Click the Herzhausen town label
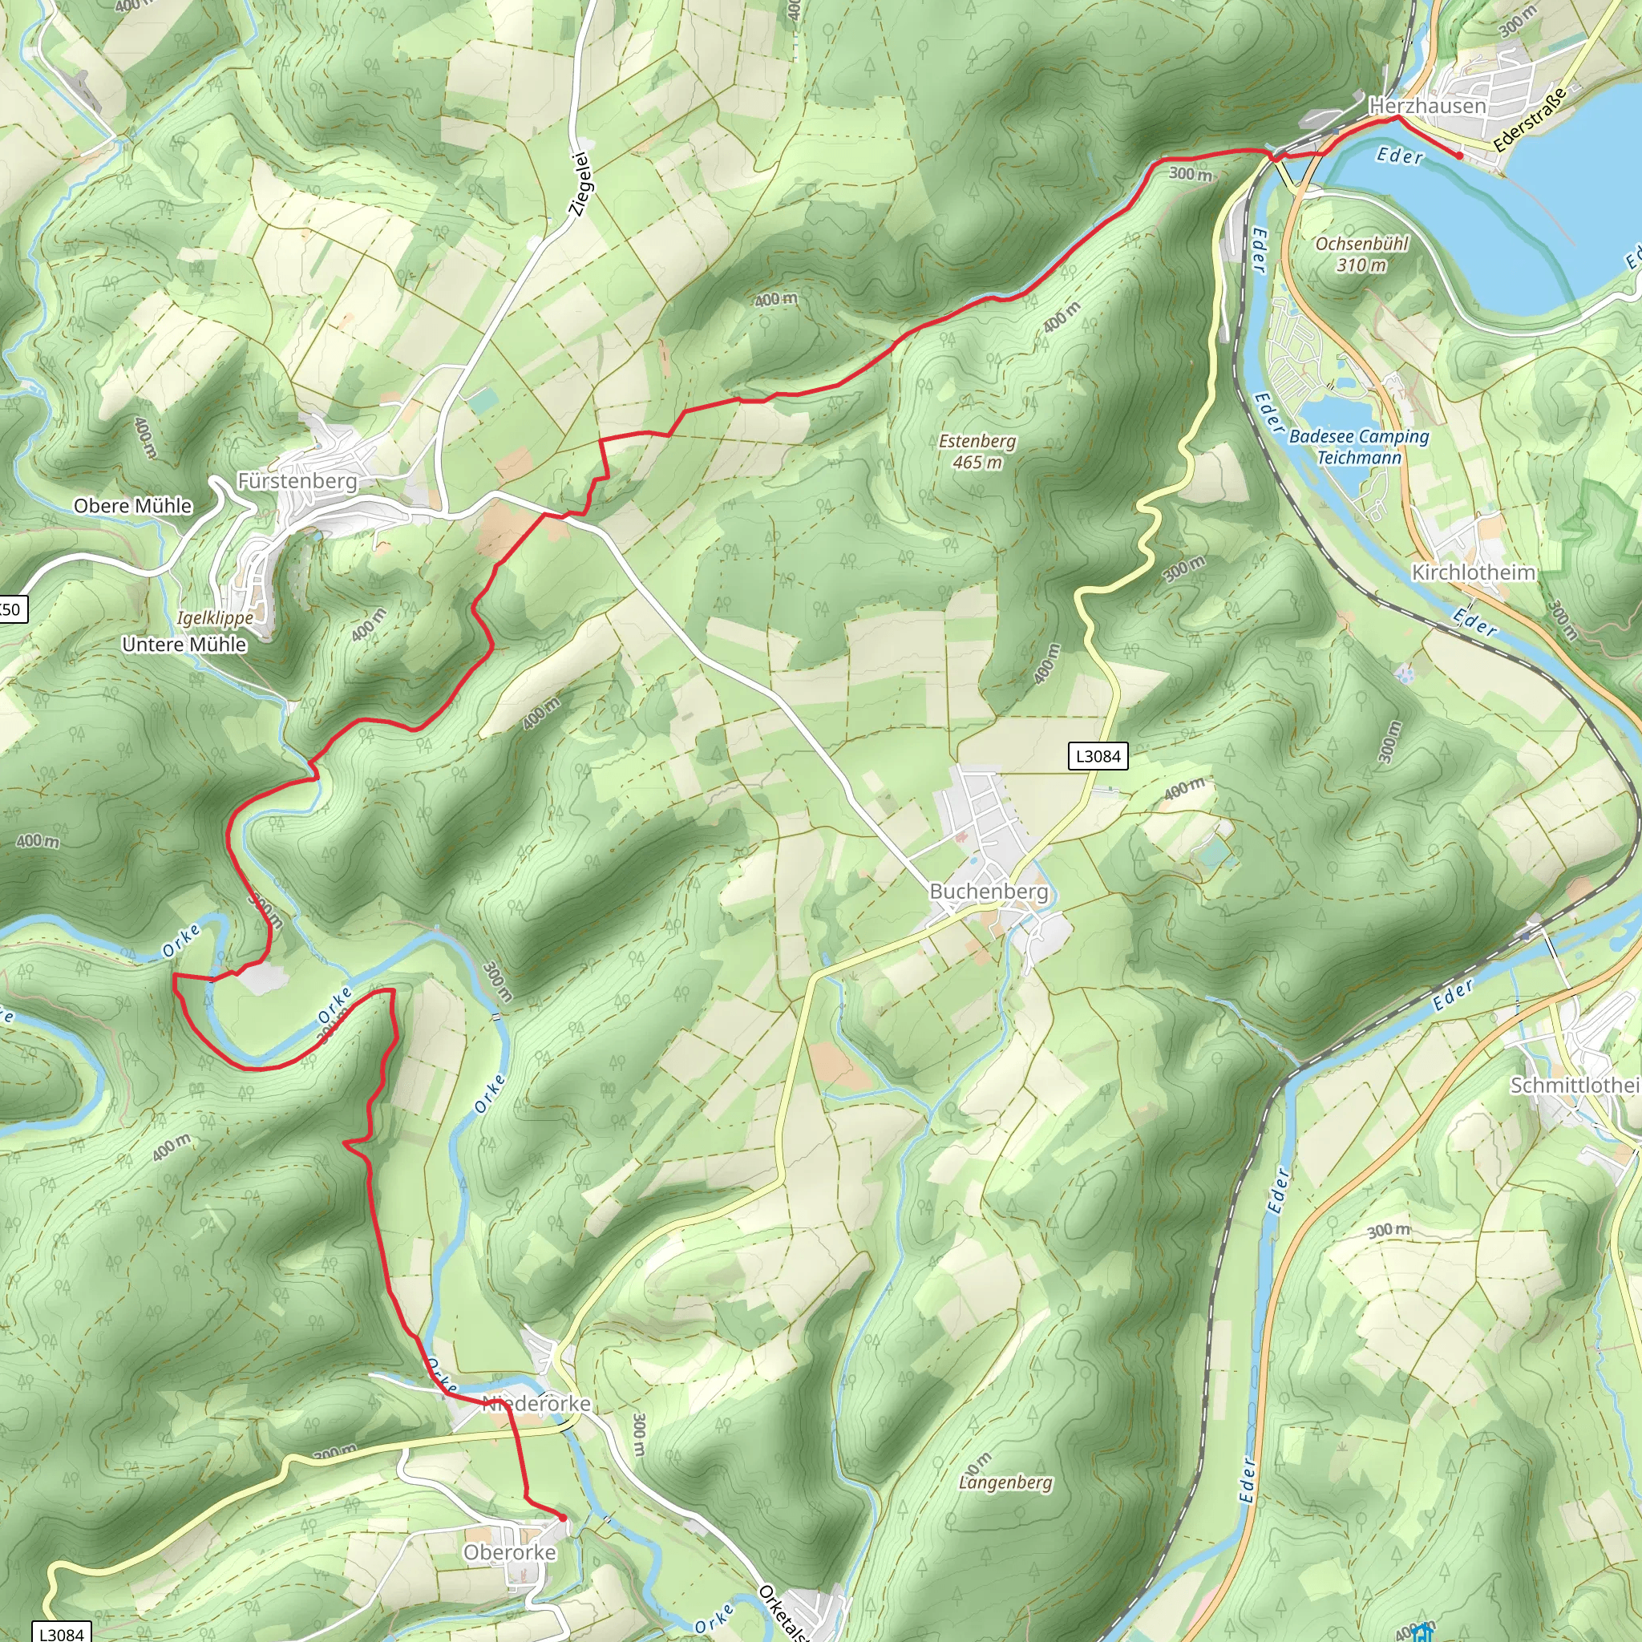[x=1427, y=107]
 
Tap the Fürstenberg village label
[x=297, y=481]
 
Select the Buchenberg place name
[x=989, y=892]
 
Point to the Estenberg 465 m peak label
[x=977, y=451]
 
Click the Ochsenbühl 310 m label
[x=1361, y=254]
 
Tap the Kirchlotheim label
[x=1473, y=572]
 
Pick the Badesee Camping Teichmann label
[x=1359, y=447]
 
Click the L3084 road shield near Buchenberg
[x=1098, y=756]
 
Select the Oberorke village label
[x=509, y=1552]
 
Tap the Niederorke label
[x=536, y=1403]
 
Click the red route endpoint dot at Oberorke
[x=563, y=1517]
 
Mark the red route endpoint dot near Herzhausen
[x=1459, y=156]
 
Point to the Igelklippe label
[x=215, y=618]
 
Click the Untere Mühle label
[x=184, y=645]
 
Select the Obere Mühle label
[x=132, y=506]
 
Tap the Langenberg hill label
[x=1005, y=1482]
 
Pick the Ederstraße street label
[x=1529, y=119]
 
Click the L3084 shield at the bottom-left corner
[x=61, y=1632]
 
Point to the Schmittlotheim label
[x=1575, y=1086]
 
